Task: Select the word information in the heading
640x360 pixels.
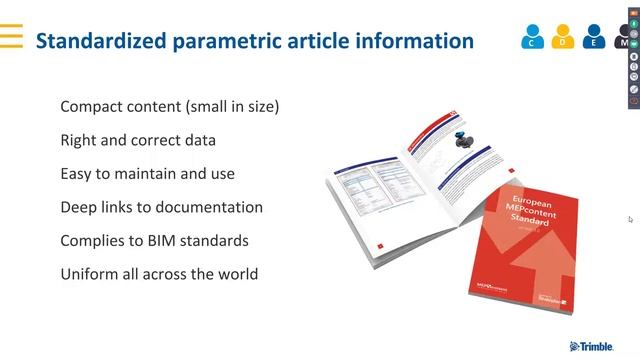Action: [416, 41]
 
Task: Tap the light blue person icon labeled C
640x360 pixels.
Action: [533, 37]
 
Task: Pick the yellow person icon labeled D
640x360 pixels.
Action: [564, 37]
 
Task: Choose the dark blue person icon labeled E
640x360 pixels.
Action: [595, 37]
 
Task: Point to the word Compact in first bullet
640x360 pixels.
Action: [90, 107]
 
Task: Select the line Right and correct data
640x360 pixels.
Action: [138, 140]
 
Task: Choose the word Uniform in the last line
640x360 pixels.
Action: [89, 273]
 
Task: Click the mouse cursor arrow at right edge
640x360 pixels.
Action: [630, 219]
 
